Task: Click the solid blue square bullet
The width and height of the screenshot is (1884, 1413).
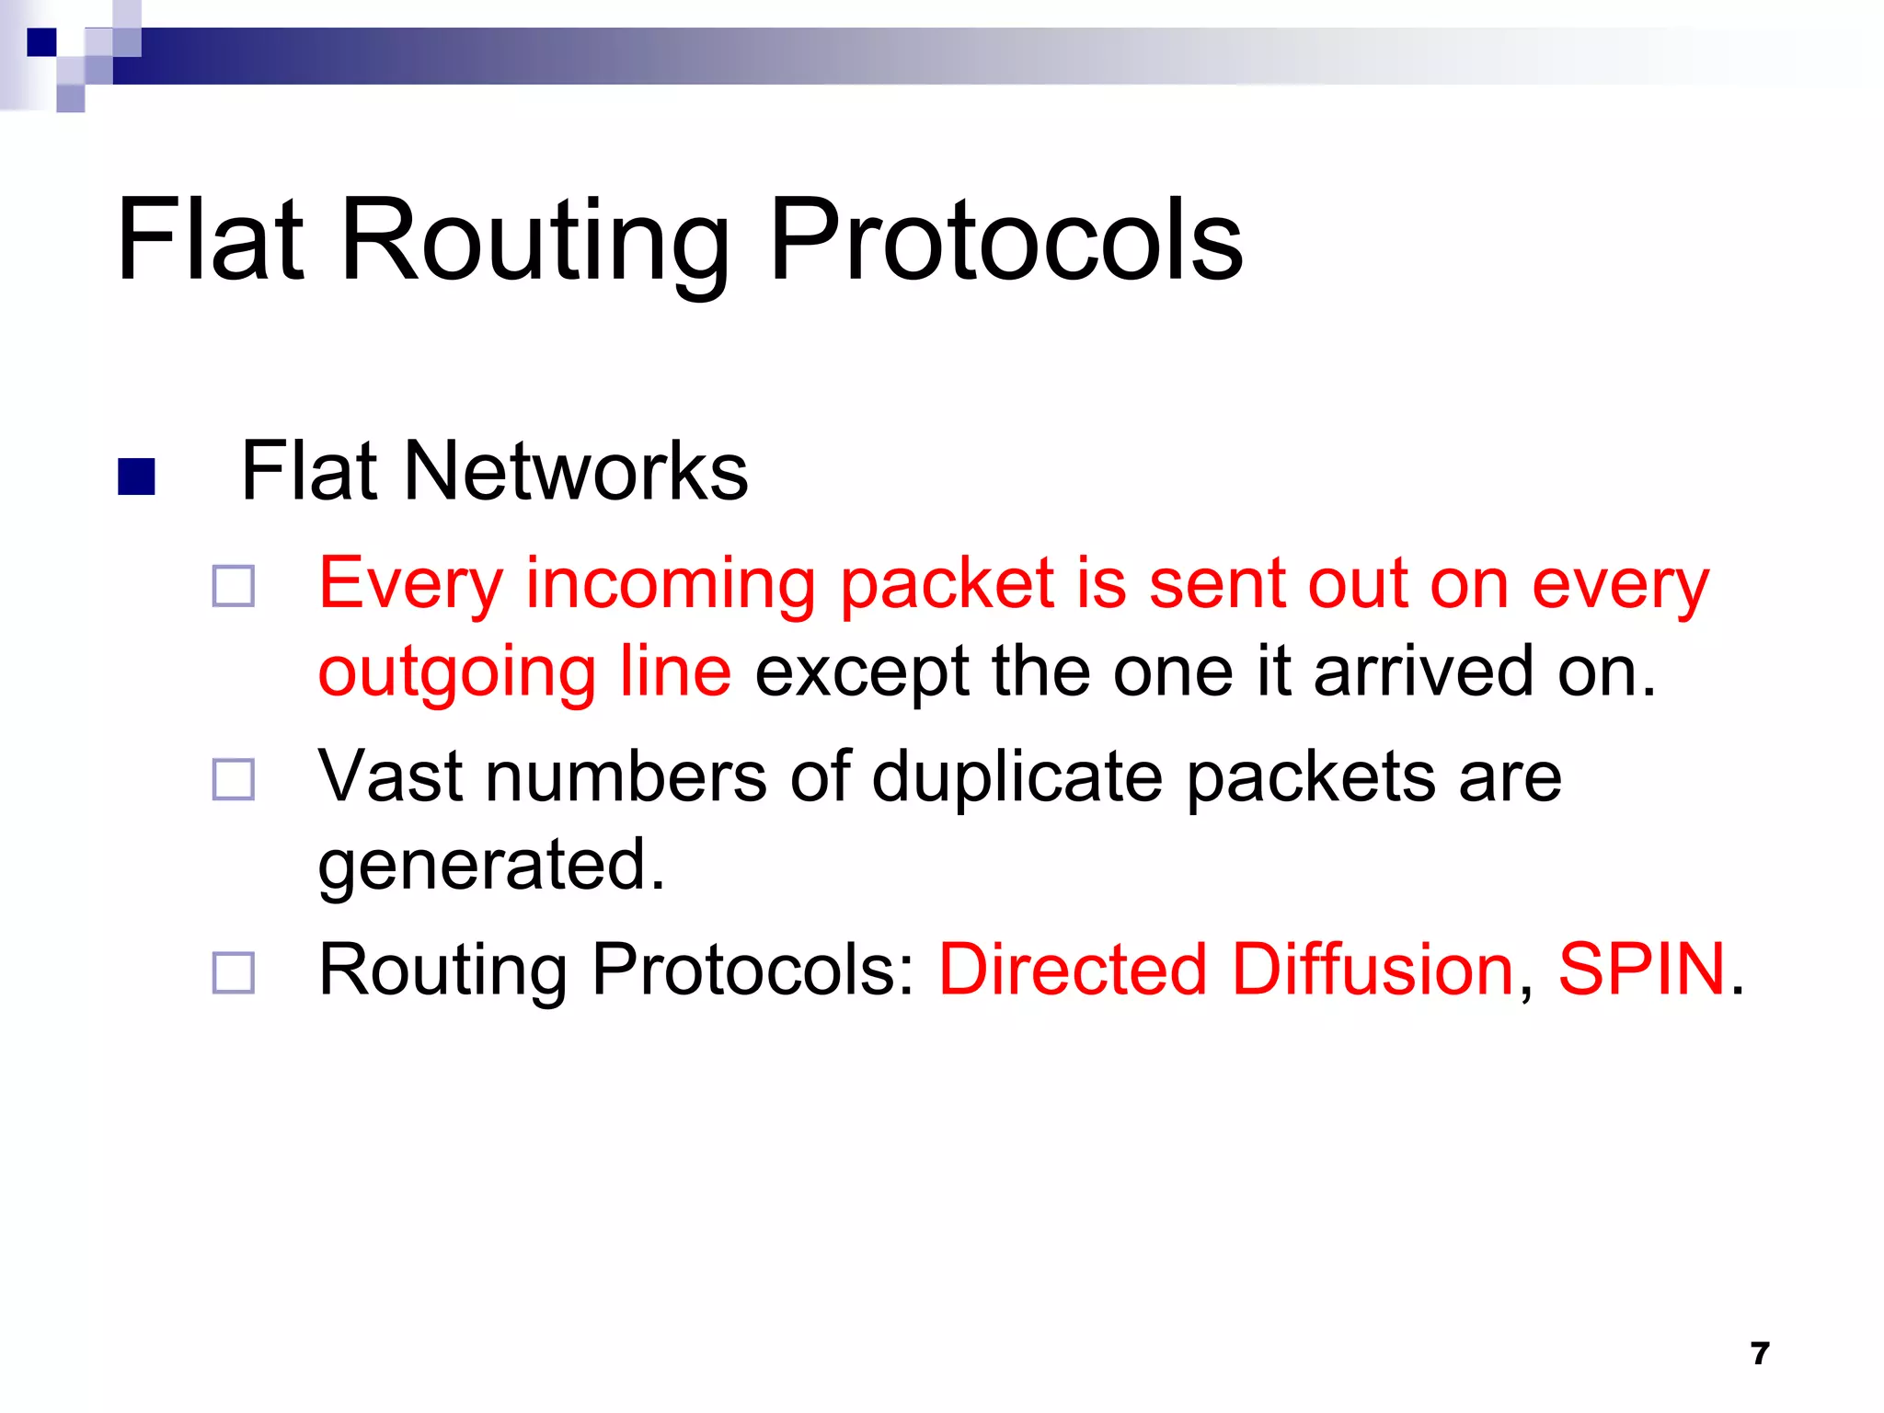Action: (x=136, y=477)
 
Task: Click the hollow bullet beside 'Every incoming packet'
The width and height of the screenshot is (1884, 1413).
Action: (x=233, y=586)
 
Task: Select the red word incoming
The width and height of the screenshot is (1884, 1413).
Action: (x=670, y=585)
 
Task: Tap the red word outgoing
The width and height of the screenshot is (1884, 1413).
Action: (x=455, y=673)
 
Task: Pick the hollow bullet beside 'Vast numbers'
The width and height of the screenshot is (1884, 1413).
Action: (x=233, y=779)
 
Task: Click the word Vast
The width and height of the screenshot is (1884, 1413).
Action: (x=391, y=775)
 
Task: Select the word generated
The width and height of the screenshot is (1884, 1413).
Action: (x=490, y=865)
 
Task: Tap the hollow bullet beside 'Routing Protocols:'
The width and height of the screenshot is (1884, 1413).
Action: (x=233, y=972)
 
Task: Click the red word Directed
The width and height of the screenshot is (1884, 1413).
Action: (x=1072, y=970)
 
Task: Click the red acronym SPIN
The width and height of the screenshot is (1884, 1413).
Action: (x=1640, y=970)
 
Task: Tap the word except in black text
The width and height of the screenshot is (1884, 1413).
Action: (x=861, y=673)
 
